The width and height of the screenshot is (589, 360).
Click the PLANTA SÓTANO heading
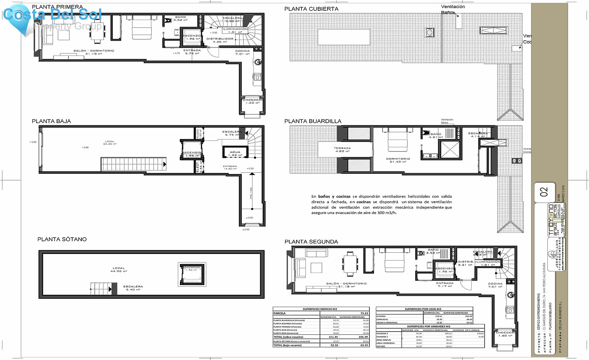62,239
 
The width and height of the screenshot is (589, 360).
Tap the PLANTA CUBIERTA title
311,9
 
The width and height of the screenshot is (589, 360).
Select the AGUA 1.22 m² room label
235,153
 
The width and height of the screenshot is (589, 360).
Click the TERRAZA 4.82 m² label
342,150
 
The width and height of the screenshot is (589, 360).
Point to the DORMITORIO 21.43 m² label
398,160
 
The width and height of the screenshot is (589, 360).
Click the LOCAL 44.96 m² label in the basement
118,269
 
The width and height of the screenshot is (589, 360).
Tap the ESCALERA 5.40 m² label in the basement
133,288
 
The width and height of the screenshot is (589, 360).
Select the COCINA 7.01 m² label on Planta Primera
242,52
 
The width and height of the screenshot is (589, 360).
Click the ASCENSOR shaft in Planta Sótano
192,274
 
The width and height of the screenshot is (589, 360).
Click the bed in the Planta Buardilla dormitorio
398,141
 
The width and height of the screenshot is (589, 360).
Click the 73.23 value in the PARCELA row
364,313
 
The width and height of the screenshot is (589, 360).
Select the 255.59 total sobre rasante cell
363,337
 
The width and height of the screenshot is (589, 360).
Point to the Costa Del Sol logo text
52,14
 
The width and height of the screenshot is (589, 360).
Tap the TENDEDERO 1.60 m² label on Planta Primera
252,101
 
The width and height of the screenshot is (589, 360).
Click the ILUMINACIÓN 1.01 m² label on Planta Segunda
488,263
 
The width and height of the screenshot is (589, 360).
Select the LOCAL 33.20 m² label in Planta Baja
110,143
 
